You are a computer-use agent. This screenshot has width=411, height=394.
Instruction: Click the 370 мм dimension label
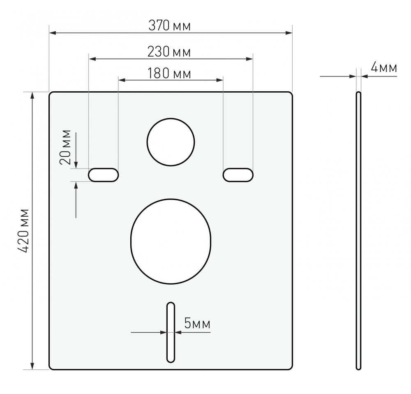170,26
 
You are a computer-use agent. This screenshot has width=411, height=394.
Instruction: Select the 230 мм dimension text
169,52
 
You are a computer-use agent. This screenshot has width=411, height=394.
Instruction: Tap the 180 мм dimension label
169,73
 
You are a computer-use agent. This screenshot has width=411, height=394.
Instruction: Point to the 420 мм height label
24,231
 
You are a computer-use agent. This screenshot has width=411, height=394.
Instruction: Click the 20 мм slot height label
65,147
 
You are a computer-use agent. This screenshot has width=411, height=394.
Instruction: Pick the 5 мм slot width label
197,323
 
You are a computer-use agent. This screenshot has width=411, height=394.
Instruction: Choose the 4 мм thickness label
384,68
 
